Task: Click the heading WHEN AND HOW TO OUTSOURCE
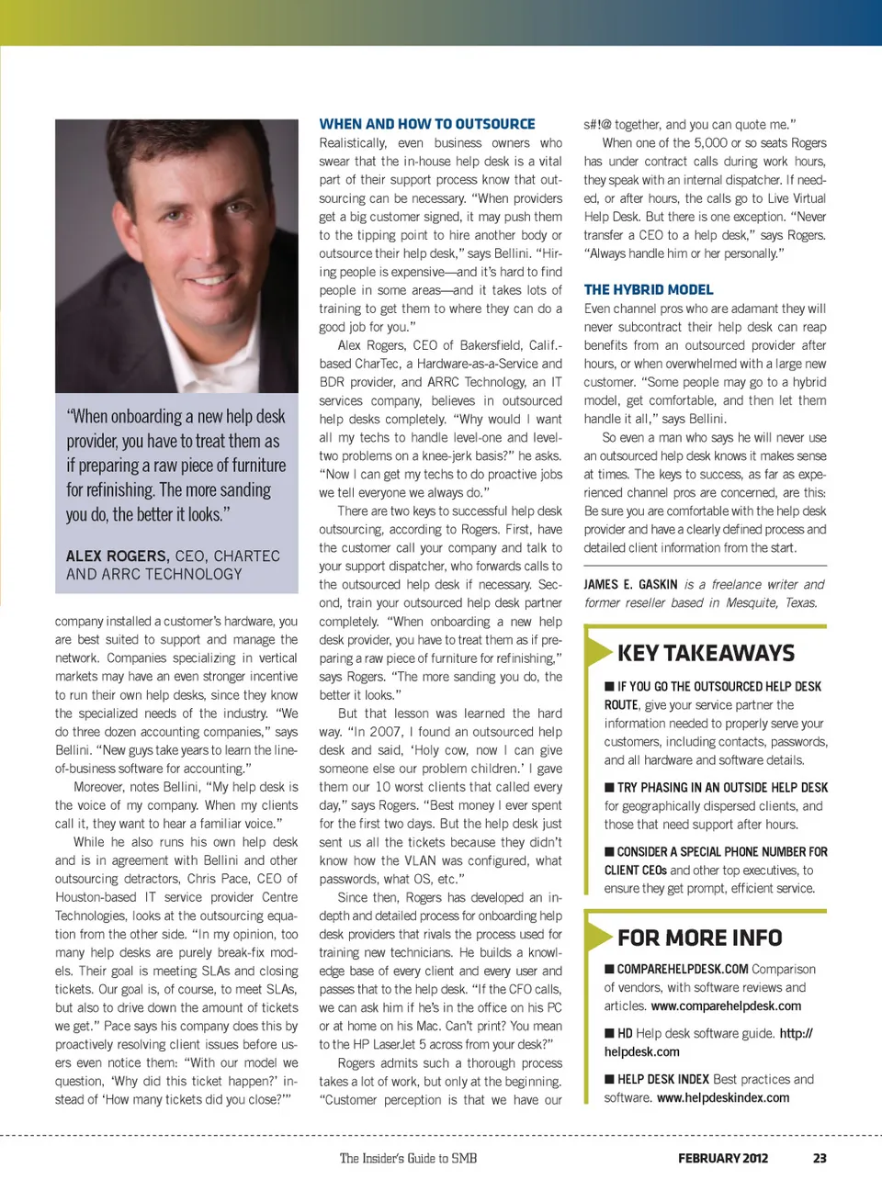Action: tap(427, 124)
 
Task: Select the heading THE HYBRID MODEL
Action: tap(649, 289)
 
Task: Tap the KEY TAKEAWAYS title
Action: tap(706, 653)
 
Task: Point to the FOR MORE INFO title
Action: tap(699, 938)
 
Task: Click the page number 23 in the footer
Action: tap(820, 1158)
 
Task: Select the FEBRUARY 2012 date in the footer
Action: tap(723, 1158)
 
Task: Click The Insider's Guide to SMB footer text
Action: tap(408, 1158)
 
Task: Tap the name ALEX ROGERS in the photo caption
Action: tap(117, 556)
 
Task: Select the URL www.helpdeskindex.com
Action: tap(723, 1097)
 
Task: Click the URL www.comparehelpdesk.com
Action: tap(726, 1006)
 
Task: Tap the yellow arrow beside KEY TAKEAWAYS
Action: tap(599, 651)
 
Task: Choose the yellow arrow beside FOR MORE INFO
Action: tap(599, 936)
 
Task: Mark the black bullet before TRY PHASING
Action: tap(609, 787)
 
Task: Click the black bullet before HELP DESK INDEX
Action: tap(609, 1079)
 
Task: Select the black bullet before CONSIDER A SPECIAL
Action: tap(609, 851)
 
